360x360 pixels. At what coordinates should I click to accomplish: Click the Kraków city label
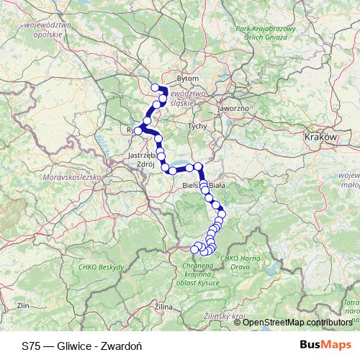point(321,136)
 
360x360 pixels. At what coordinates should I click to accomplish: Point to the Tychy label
point(197,126)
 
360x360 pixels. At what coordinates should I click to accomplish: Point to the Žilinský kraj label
point(225,316)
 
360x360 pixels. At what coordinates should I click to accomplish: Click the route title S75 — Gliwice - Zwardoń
point(81,346)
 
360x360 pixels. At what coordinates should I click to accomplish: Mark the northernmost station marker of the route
point(155,88)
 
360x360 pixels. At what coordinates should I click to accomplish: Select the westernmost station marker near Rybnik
point(138,131)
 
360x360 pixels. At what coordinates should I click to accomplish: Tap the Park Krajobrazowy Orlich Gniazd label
point(266,32)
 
